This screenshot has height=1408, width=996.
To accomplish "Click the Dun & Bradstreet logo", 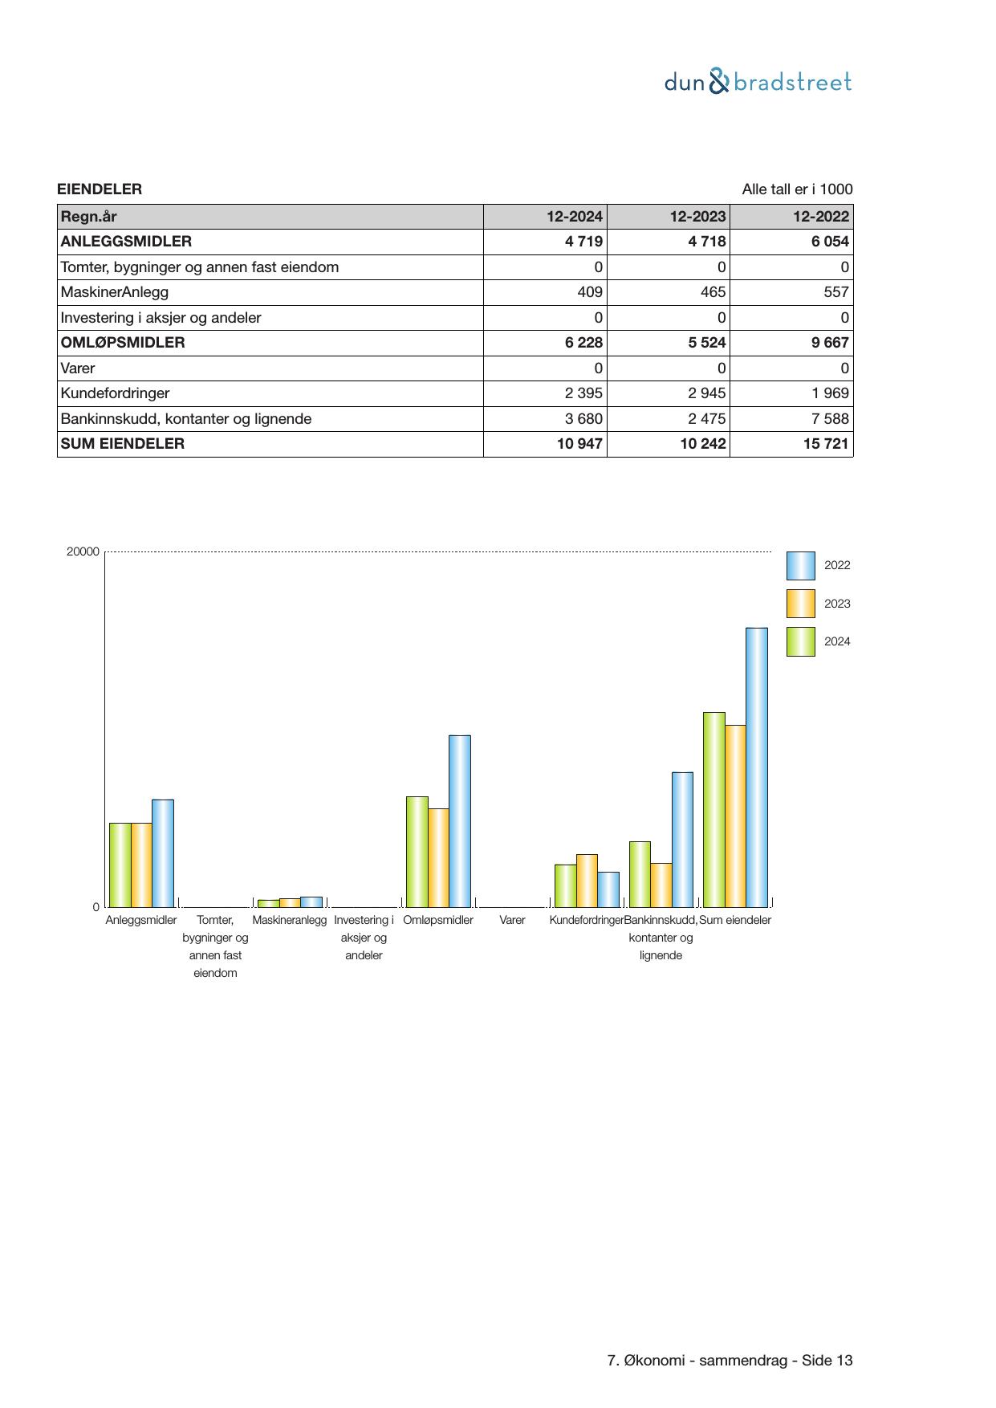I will [758, 82].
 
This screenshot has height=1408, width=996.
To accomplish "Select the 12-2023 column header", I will [668, 217].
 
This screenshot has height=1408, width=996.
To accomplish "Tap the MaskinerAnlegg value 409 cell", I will [546, 292].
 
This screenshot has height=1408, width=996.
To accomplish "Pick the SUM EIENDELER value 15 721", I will [791, 444].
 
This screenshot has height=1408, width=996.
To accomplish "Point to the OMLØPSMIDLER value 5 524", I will [668, 343].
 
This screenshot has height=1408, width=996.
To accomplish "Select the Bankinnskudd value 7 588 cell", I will [791, 419].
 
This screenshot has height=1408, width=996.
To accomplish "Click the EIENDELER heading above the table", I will [100, 189].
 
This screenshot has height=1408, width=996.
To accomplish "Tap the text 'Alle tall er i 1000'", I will [797, 189].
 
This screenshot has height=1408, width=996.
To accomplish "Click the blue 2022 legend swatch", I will [800, 566].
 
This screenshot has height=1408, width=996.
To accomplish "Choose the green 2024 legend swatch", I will [800, 642].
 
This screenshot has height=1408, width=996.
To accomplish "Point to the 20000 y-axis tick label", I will [83, 551].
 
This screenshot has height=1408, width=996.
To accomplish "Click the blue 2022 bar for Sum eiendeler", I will [757, 767].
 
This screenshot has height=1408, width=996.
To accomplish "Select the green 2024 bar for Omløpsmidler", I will [417, 851].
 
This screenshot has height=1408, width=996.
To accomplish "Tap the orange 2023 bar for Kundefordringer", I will [587, 881].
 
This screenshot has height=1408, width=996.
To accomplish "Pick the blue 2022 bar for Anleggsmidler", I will [163, 853].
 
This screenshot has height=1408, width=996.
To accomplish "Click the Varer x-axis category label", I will [512, 920].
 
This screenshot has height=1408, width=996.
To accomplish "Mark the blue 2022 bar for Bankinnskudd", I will [682, 839].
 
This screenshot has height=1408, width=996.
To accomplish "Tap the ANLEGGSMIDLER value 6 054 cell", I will [791, 242].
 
